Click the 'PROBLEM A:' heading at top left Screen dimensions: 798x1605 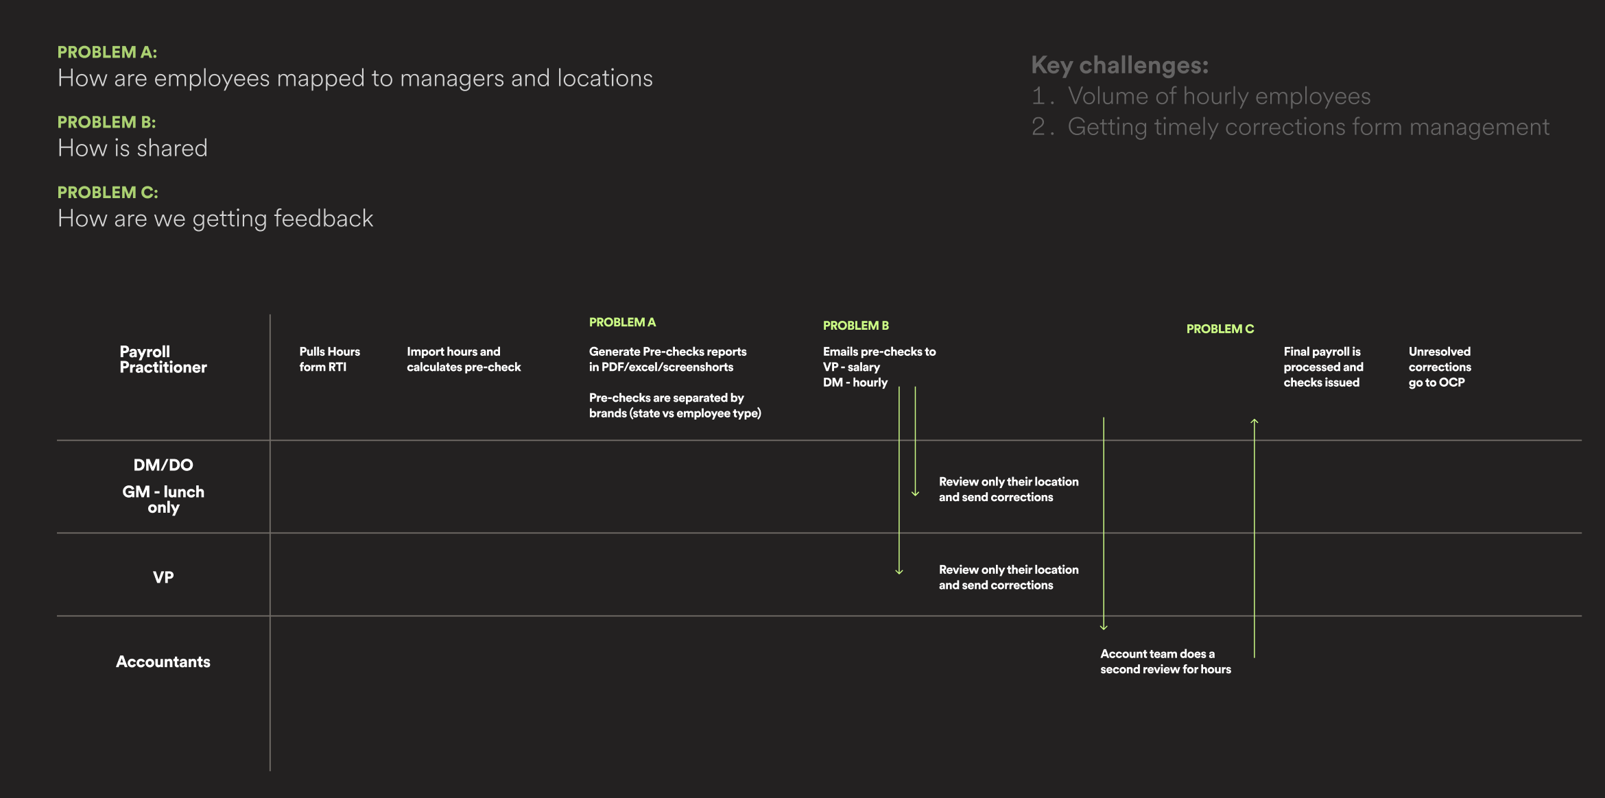point(107,52)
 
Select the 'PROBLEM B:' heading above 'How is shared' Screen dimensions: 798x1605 point(106,122)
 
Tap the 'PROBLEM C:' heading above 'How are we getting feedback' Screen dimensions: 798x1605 point(108,193)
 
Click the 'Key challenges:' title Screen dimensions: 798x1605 point(1119,65)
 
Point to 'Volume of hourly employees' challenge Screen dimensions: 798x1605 point(1219,96)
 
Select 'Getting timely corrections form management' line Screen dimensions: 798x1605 point(1308,127)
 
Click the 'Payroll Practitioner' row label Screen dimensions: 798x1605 point(163,359)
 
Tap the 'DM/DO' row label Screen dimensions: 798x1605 point(163,465)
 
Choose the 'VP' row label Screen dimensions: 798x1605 point(163,577)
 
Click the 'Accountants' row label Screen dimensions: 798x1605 point(163,662)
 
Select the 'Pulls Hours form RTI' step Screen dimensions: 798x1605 point(329,359)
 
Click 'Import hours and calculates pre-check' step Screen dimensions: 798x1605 point(463,359)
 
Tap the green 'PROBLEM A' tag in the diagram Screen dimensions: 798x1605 point(622,322)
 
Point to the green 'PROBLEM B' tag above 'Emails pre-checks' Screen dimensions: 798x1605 point(855,326)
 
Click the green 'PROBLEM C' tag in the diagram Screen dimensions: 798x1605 point(1220,329)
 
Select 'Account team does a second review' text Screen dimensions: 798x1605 point(1165,662)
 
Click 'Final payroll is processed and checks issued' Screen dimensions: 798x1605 point(1323,367)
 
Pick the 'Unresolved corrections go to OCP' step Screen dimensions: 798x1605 point(1440,367)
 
